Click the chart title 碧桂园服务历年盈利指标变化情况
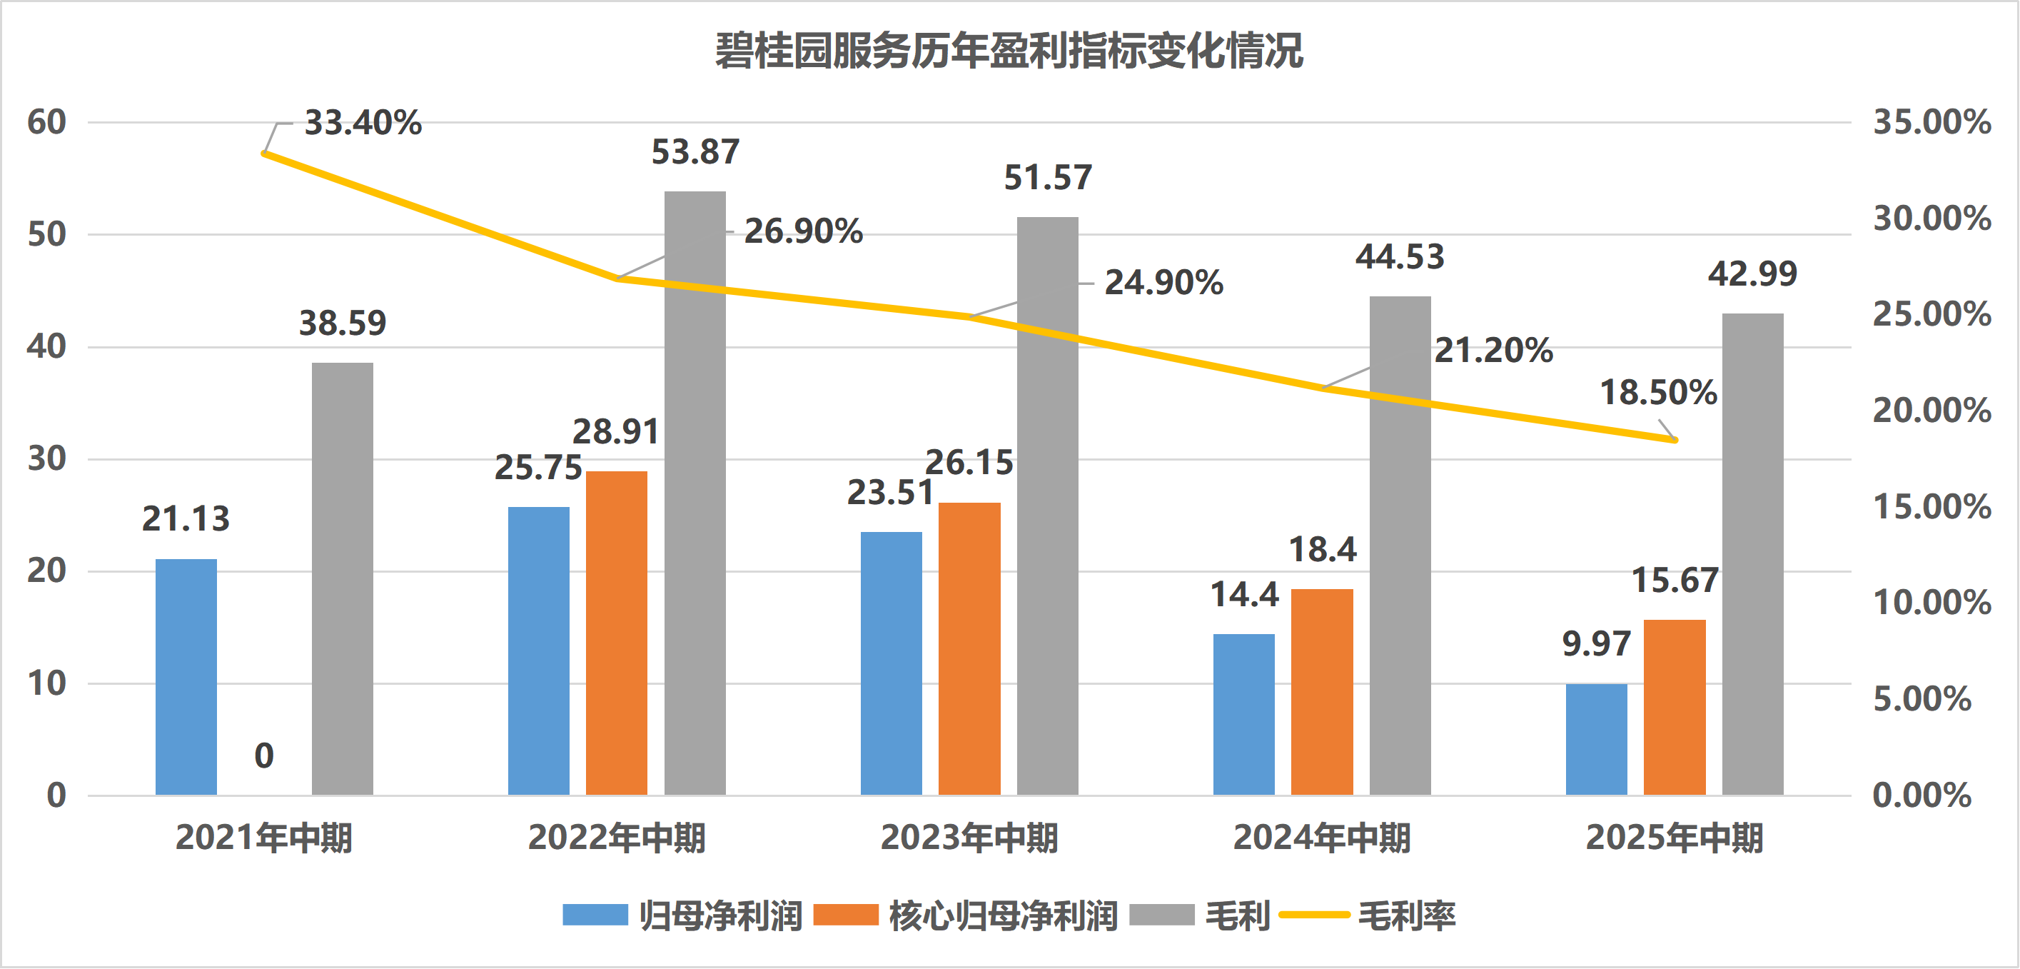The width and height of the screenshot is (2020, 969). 1009,52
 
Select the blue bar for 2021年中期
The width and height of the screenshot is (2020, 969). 186,676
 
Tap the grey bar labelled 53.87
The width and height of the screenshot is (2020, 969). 695,493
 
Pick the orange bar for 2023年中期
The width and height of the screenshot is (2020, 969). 969,648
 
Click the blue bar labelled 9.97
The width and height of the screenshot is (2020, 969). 1596,739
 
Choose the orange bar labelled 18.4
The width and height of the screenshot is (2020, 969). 1322,691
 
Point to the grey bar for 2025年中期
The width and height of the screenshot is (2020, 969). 1752,554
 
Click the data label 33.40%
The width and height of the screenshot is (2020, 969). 363,124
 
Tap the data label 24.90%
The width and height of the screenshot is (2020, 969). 1163,283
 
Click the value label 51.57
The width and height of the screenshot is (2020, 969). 1048,178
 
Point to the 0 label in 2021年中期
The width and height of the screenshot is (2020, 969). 264,755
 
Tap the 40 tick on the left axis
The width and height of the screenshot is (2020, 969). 46,347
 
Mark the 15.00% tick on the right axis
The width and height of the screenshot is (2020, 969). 1932,507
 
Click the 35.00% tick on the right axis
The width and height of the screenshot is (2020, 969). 1932,122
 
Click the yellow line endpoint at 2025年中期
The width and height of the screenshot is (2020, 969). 1675,440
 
